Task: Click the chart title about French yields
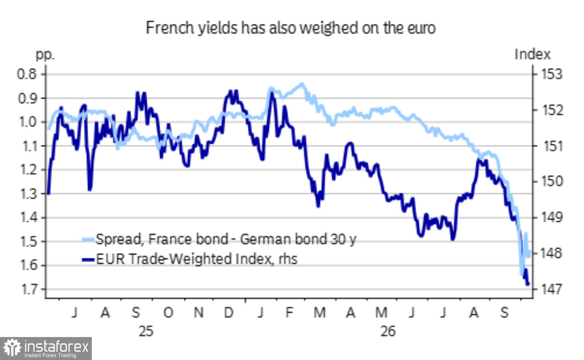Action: click(x=291, y=28)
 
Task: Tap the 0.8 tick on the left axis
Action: click(x=27, y=74)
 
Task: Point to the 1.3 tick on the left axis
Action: click(x=28, y=193)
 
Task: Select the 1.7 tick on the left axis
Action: click(x=28, y=289)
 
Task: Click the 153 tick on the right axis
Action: click(x=551, y=74)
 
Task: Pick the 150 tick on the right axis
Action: click(x=551, y=182)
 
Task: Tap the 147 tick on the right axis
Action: click(x=551, y=289)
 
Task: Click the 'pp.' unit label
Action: click(x=45, y=56)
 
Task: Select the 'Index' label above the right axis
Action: click(x=532, y=55)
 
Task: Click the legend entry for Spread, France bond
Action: click(x=219, y=239)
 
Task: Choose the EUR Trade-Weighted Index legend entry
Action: click(x=190, y=259)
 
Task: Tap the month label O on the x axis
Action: click(x=168, y=313)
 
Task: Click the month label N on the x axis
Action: click(x=198, y=313)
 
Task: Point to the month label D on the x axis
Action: click(x=228, y=313)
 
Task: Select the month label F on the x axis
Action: click(x=289, y=313)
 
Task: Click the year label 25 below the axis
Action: click(x=146, y=331)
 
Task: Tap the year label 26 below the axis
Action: click(x=388, y=331)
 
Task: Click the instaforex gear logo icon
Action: click(x=12, y=348)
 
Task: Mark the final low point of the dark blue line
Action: click(x=527, y=285)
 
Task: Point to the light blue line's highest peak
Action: click(x=302, y=84)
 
